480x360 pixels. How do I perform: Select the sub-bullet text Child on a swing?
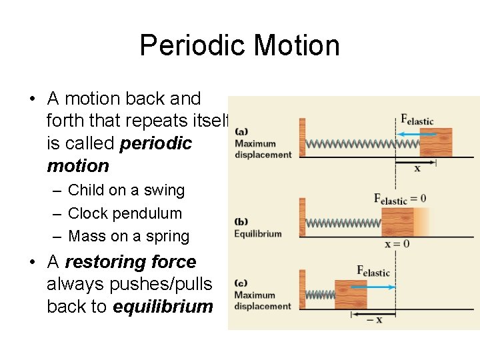(x=127, y=190)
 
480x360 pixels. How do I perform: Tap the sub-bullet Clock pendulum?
(x=125, y=213)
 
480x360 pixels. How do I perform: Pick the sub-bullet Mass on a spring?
(x=129, y=236)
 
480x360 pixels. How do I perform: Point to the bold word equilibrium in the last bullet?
(x=163, y=307)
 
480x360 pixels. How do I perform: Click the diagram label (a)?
(x=241, y=131)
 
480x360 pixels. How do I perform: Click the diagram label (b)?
(x=241, y=222)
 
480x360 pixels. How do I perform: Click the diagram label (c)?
(x=241, y=283)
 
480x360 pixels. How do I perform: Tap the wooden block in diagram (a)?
(x=435, y=142)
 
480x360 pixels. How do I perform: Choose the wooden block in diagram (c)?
(x=351, y=294)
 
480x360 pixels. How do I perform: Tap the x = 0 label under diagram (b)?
(x=397, y=244)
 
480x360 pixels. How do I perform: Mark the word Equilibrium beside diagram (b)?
(x=257, y=234)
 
